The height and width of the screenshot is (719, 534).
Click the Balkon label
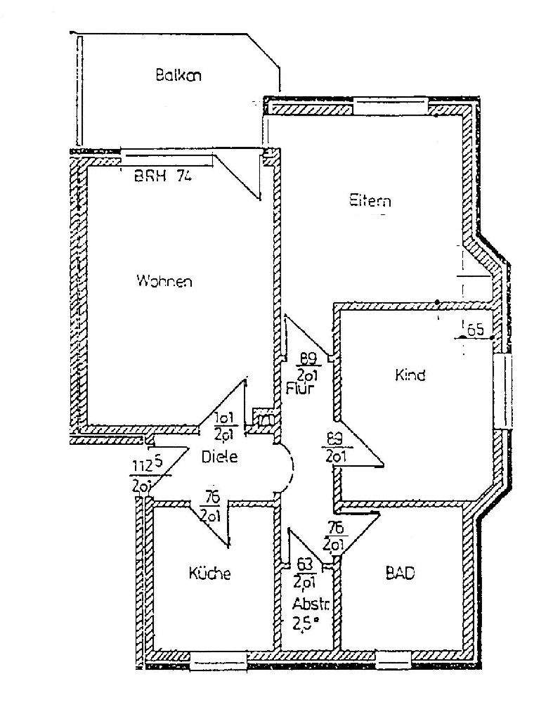coord(178,75)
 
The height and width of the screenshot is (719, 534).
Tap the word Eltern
coord(370,201)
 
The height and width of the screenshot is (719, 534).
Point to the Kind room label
coord(410,375)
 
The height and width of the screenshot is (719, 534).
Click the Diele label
coord(219,457)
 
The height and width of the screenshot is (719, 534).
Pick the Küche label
coord(209,574)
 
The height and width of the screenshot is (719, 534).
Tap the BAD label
coord(400,574)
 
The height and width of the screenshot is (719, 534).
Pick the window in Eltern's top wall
coord(390,107)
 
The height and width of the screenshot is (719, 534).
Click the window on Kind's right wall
coord(504,390)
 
